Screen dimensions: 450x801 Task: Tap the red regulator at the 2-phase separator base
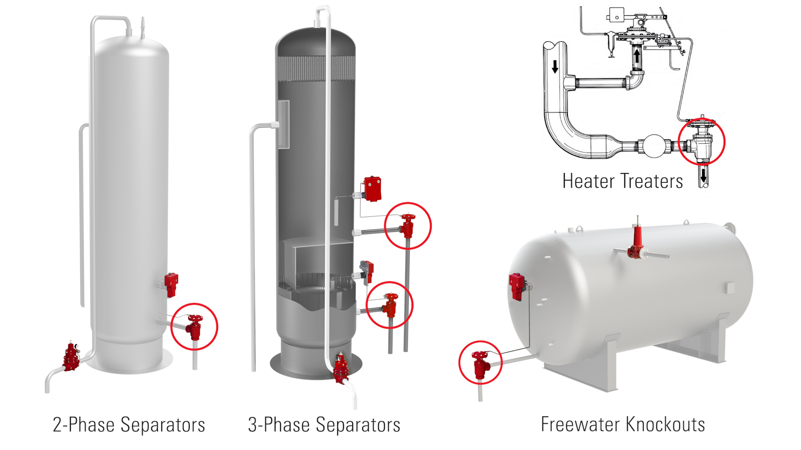click(x=71, y=357)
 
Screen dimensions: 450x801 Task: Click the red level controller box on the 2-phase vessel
click(x=171, y=284)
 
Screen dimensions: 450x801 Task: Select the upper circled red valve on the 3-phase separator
click(x=407, y=226)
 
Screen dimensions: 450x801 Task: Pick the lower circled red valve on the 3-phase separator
click(x=390, y=305)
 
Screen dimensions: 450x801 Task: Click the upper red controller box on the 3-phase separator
click(x=372, y=189)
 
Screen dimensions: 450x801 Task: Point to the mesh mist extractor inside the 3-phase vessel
click(x=316, y=67)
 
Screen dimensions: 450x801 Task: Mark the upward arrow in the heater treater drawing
click(x=637, y=55)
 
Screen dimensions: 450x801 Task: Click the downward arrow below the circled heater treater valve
click(x=703, y=175)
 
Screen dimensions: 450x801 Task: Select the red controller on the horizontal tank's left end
click(x=517, y=286)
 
